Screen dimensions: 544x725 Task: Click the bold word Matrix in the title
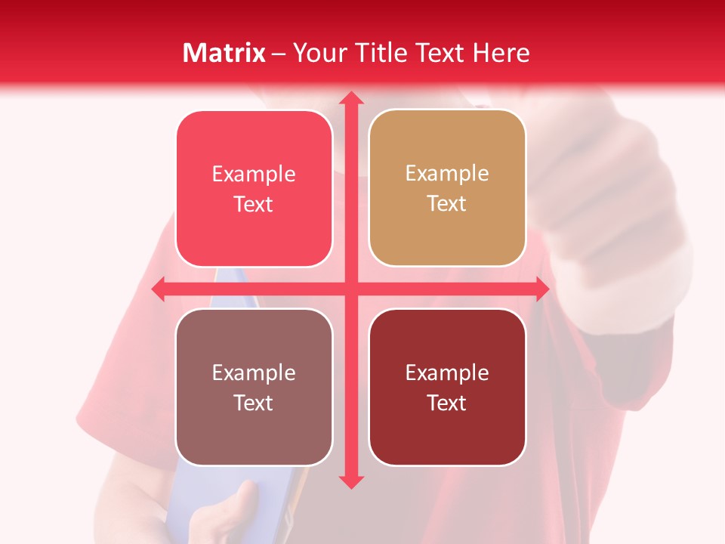(x=224, y=53)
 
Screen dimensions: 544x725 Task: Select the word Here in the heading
(x=501, y=53)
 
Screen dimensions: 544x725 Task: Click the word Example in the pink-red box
(x=254, y=175)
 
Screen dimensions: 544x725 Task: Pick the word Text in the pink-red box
(x=254, y=204)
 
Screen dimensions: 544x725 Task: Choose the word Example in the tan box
(x=447, y=174)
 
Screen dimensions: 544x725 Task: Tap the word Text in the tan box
(x=447, y=203)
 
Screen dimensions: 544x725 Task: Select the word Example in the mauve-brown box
(x=254, y=373)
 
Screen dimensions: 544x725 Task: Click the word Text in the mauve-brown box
(x=254, y=403)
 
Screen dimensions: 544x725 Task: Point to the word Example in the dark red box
(x=447, y=373)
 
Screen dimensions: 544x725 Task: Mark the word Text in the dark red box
(x=447, y=403)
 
